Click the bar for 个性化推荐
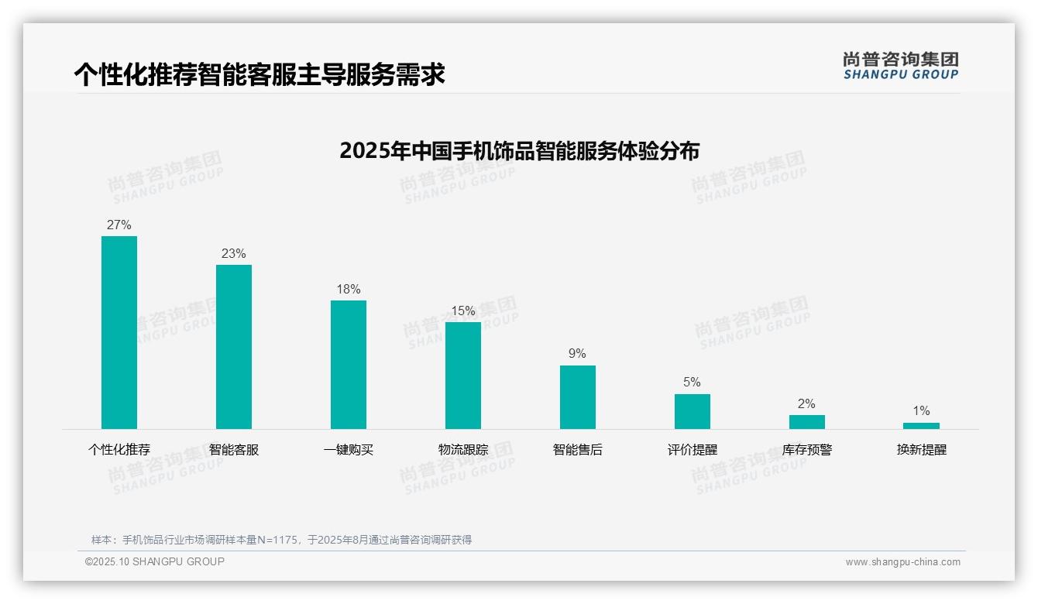[x=119, y=332]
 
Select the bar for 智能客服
[x=234, y=347]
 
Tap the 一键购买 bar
[x=349, y=365]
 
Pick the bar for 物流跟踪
[x=463, y=376]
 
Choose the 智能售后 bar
[x=578, y=397]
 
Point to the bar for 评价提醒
[x=693, y=411]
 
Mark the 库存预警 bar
[x=807, y=422]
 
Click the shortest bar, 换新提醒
[x=921, y=426]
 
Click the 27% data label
[x=119, y=225]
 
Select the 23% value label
[x=234, y=254]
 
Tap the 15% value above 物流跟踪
[x=463, y=311]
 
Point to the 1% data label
[x=921, y=411]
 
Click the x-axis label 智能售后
[x=578, y=450]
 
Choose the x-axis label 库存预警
[x=807, y=450]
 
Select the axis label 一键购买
[x=349, y=450]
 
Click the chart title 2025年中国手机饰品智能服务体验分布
[x=519, y=150]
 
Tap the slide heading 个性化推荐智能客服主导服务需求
[x=259, y=75]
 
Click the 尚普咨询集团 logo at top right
[x=901, y=66]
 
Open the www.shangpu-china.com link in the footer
[x=902, y=562]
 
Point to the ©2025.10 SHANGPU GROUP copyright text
[x=155, y=561]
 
